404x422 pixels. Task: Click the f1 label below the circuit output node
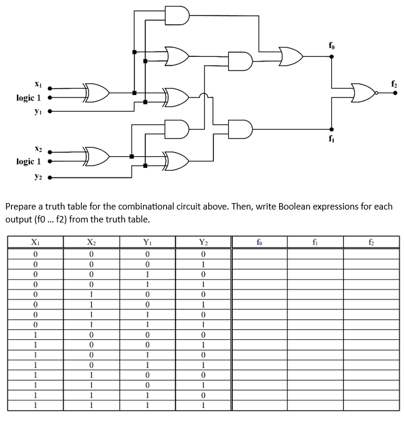coord(332,140)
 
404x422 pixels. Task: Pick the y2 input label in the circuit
coord(38,175)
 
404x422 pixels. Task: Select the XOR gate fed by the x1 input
coord(97,93)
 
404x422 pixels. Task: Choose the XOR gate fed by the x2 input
coord(97,156)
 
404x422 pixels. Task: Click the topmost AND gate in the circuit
coord(178,16)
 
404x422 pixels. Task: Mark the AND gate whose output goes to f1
coord(239,128)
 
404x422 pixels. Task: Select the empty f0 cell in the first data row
coord(259,254)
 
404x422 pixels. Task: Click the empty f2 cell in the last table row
coord(371,404)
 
